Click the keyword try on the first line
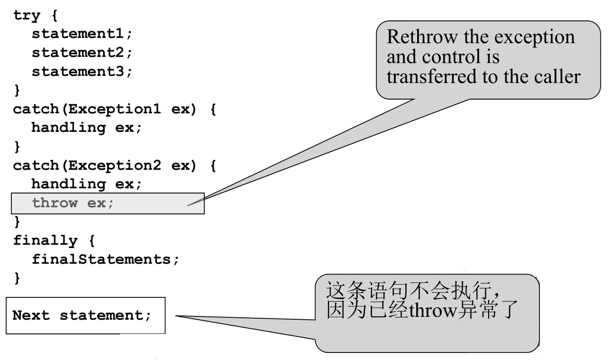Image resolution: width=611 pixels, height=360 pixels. [27, 16]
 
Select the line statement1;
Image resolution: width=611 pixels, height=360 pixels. [82, 34]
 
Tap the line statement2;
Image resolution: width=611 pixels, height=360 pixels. [82, 53]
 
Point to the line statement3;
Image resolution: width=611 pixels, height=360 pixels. [82, 72]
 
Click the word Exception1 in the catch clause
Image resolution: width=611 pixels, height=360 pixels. [115, 109]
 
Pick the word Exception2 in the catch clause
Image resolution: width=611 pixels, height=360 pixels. [115, 166]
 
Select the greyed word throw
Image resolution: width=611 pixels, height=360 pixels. [55, 203]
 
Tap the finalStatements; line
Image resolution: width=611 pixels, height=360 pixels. [105, 259]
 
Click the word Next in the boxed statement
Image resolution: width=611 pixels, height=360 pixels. [31, 315]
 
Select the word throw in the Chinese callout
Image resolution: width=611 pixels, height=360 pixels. [433, 310]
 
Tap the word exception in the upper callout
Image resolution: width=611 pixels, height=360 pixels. [535, 37]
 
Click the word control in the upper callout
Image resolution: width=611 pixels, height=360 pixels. [451, 56]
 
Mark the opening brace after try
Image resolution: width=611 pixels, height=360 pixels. [55, 15]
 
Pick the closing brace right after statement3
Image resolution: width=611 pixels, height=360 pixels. [17, 90]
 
